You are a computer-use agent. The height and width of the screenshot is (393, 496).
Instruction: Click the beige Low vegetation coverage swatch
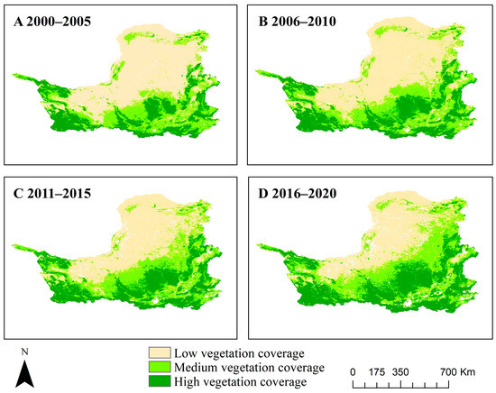click(161, 352)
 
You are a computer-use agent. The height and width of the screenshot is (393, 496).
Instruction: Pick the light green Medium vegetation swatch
click(161, 367)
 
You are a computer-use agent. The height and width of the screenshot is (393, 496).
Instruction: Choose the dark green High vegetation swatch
click(161, 381)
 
